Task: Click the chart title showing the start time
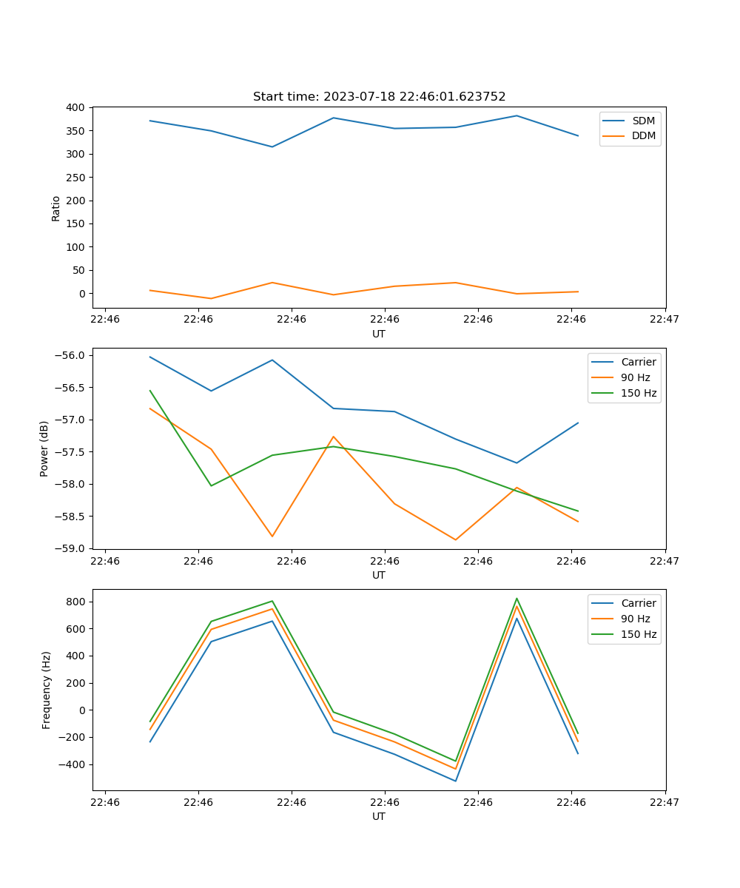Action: tap(379, 97)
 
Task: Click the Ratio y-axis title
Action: tap(56, 208)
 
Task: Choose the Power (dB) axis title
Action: tap(44, 448)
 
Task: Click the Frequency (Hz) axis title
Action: tap(47, 690)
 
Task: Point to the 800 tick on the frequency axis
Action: tap(76, 602)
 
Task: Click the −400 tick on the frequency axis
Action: tap(73, 764)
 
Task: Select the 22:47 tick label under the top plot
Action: tap(665, 319)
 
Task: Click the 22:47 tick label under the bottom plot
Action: tap(665, 801)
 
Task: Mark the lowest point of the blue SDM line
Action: tap(272, 147)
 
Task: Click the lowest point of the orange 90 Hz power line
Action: tap(456, 539)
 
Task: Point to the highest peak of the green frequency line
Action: tap(517, 599)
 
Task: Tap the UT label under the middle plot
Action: tap(379, 575)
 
